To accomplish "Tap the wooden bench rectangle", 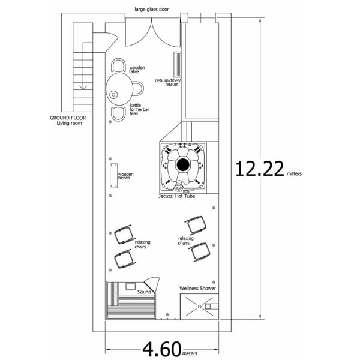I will click(x=112, y=175).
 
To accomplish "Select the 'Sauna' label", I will click(x=144, y=292).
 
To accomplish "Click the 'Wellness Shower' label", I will click(x=197, y=289).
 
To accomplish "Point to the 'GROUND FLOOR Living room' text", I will click(x=68, y=120).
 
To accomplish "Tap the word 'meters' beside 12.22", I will click(x=294, y=174).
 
